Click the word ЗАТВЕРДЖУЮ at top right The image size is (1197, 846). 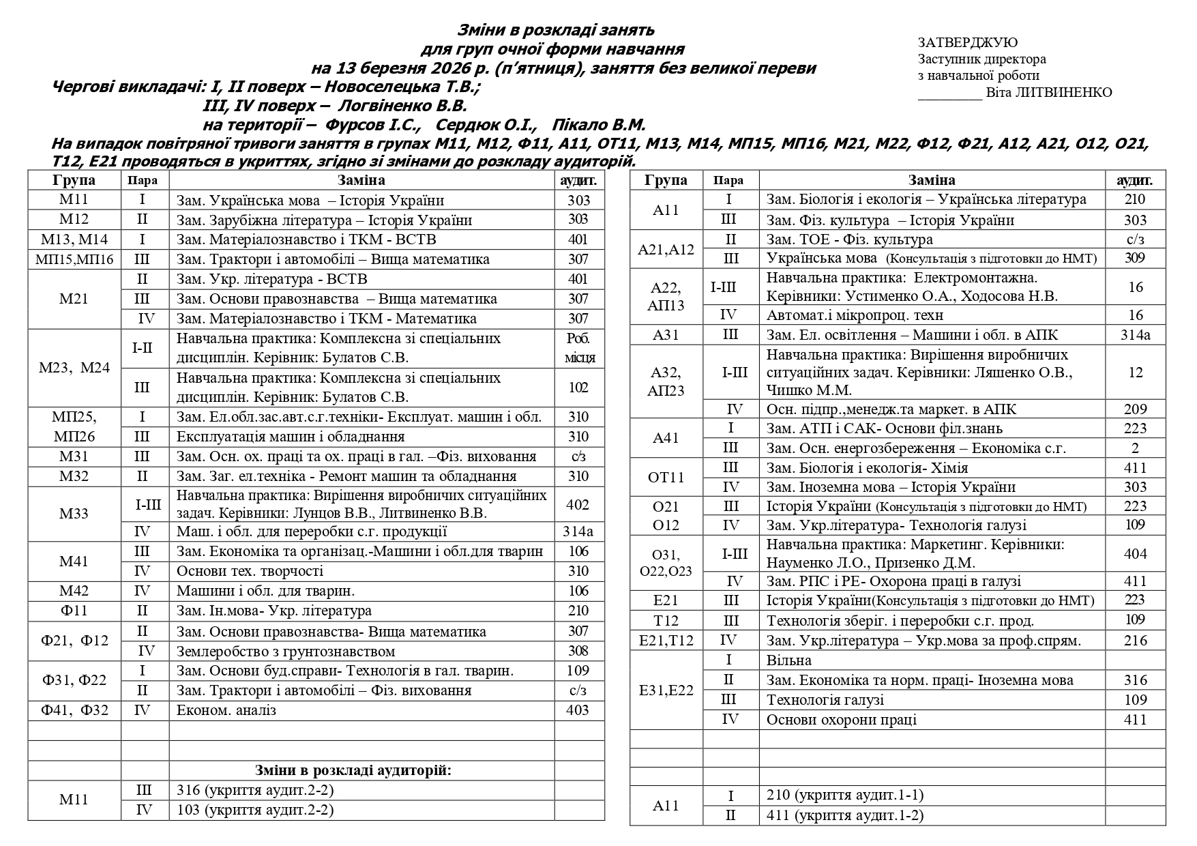(x=967, y=43)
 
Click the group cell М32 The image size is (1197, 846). (x=74, y=476)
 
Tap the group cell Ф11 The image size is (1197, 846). (x=74, y=611)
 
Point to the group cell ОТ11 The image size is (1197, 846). (x=666, y=477)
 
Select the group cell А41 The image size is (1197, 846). (x=666, y=438)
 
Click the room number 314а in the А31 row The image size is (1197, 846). (x=1135, y=335)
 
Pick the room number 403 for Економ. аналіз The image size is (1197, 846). (x=578, y=710)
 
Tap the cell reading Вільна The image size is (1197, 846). (x=789, y=660)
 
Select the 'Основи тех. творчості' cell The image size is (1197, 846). (x=250, y=571)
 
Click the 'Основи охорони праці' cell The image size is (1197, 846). (x=842, y=720)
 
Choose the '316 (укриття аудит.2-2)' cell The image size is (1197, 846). (x=255, y=790)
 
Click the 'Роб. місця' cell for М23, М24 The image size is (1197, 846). (x=580, y=348)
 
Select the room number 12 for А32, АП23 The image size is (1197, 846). (x=1135, y=373)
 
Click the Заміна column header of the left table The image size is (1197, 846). (x=361, y=180)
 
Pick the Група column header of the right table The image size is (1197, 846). (x=666, y=180)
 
